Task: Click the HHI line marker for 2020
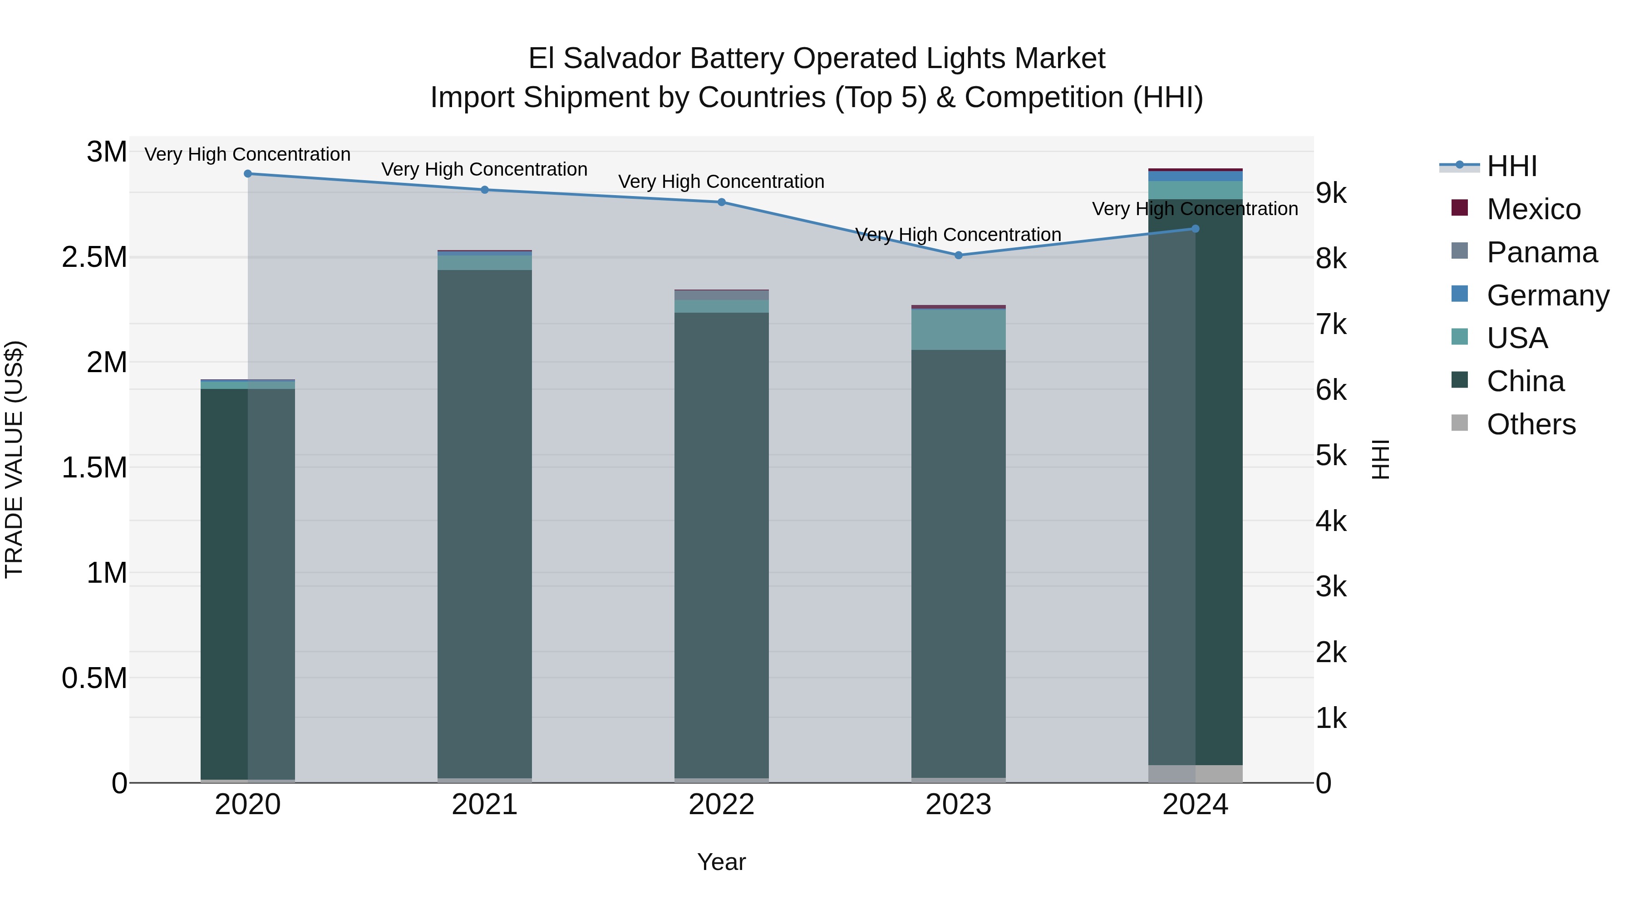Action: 248,174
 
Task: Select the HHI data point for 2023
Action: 959,256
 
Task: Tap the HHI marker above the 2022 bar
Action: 721,202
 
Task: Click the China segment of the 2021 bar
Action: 485,523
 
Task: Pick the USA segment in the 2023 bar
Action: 959,330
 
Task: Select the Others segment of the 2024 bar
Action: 1195,774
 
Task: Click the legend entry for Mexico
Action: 1533,209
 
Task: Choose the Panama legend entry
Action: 1541,252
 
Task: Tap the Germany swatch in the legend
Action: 1460,294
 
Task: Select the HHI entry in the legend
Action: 1511,166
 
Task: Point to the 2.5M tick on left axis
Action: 94,257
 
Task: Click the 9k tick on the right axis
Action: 1331,193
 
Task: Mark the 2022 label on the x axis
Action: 721,805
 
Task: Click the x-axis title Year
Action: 721,862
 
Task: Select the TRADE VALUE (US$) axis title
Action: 14,459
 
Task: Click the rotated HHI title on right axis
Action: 1380,459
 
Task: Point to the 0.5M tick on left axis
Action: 94,678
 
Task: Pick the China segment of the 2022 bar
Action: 721,546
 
